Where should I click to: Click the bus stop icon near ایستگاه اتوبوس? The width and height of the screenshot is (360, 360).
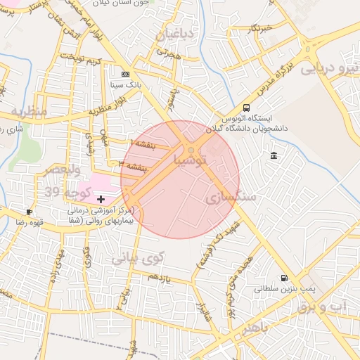(x=246, y=108)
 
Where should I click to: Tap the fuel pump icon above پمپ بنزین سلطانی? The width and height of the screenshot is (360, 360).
(x=284, y=278)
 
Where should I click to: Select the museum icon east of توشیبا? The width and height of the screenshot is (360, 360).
(x=273, y=155)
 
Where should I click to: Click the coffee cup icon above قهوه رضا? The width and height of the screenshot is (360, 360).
(x=29, y=212)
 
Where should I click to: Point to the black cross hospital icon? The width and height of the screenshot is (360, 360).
(x=101, y=200)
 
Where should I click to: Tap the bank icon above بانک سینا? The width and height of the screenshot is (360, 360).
(x=126, y=74)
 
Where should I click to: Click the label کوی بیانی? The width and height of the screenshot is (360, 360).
(x=138, y=257)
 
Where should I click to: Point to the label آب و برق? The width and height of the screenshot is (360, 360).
(x=322, y=307)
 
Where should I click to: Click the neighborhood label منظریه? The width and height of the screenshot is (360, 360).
(x=28, y=112)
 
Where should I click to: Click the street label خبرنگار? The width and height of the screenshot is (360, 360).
(x=259, y=28)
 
